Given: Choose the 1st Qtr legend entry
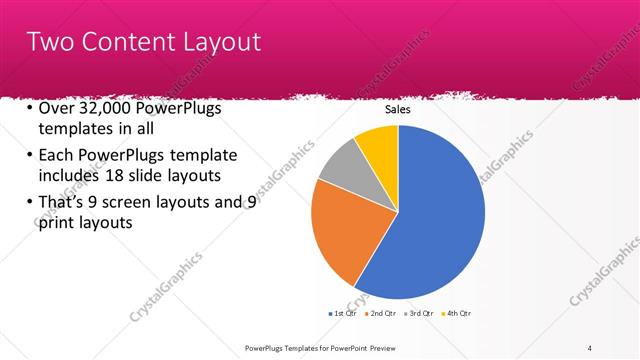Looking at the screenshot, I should click(346, 313).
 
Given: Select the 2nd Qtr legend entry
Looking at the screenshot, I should click(384, 313).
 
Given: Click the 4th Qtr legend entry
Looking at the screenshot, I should click(458, 313).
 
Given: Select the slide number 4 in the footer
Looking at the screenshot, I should click(591, 347).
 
